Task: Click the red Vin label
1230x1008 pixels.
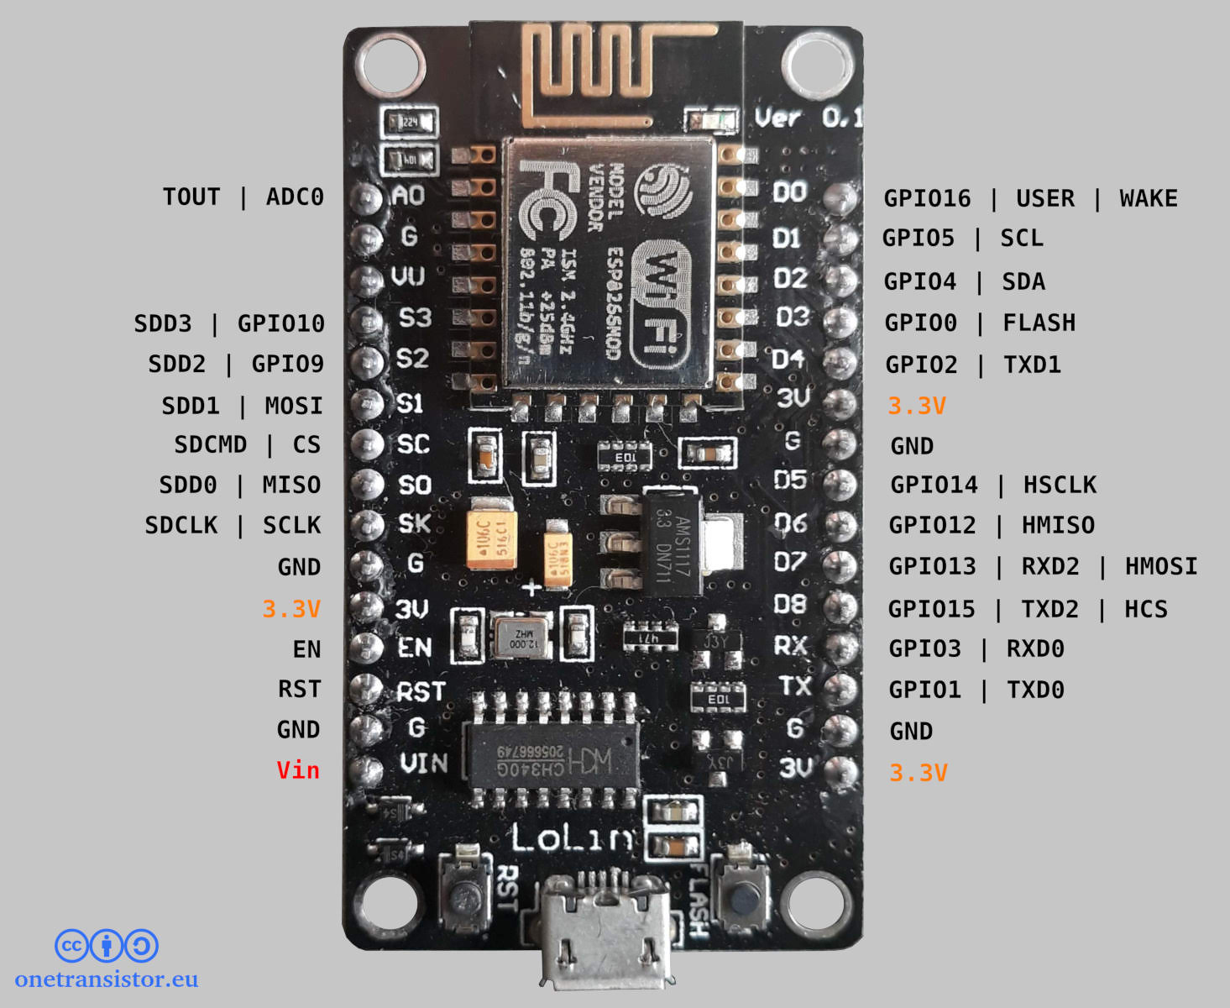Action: click(x=298, y=770)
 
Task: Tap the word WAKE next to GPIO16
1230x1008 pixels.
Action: click(x=1148, y=198)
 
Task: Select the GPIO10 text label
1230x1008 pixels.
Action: click(x=280, y=323)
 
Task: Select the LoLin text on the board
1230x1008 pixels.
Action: click(x=573, y=837)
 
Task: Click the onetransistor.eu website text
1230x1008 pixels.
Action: click(x=107, y=979)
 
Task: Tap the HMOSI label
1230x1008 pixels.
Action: click(x=1160, y=566)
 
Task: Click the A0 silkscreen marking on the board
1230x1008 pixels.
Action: click(x=409, y=196)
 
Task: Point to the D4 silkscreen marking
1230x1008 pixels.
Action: click(x=788, y=360)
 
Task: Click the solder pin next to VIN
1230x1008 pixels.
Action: click(x=367, y=769)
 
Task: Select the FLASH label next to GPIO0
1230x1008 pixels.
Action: click(x=1039, y=323)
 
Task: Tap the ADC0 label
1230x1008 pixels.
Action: click(x=294, y=197)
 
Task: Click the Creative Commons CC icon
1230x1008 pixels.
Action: click(x=71, y=946)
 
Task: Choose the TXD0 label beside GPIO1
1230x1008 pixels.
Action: click(x=1035, y=690)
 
